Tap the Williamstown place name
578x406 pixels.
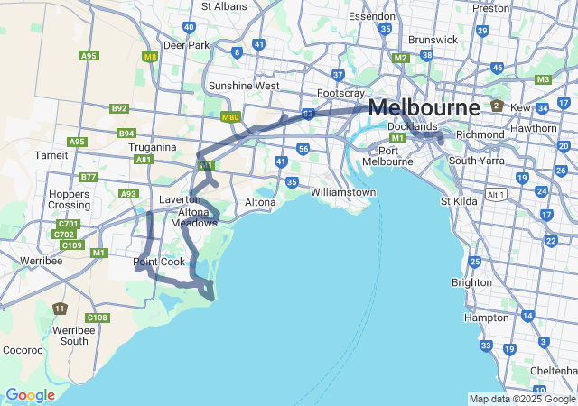[x=342, y=192]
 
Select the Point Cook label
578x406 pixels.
[x=159, y=262]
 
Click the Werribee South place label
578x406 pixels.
[x=73, y=336]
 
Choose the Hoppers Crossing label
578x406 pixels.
[x=69, y=199]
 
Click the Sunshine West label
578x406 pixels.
[x=244, y=86]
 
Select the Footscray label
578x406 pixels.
[x=340, y=93]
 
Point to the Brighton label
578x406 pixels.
[x=471, y=281]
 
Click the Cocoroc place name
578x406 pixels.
[x=23, y=349]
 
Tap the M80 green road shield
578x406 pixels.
[x=229, y=116]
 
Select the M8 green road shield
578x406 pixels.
[x=150, y=56]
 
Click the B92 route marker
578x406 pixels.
[x=119, y=108]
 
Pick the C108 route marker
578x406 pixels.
[x=98, y=318]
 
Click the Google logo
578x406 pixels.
[x=30, y=395]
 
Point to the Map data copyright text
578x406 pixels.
[x=521, y=399]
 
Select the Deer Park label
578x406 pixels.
[x=186, y=44]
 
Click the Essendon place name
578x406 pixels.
[x=372, y=16]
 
